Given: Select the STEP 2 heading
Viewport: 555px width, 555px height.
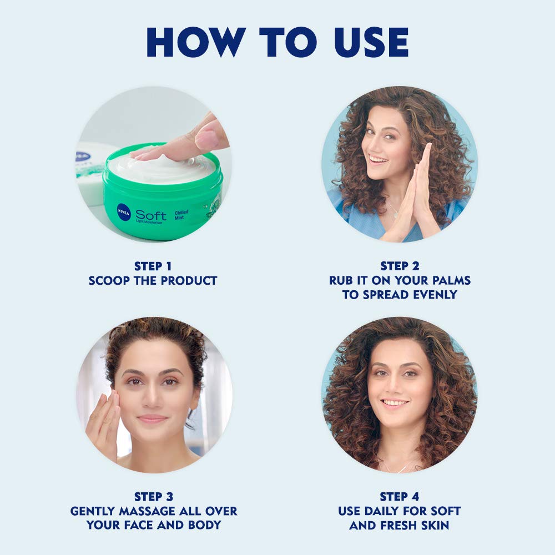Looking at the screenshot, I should click(x=399, y=266).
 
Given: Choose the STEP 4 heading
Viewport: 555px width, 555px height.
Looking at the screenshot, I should click(x=399, y=496).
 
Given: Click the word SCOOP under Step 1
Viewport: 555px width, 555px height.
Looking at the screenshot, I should click(x=110, y=281).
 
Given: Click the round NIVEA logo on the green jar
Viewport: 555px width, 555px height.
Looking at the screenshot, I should click(x=123, y=211).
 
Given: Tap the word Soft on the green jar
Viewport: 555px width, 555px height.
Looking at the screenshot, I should click(x=150, y=214).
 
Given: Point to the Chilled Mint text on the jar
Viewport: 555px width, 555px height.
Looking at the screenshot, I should click(x=181, y=215).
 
